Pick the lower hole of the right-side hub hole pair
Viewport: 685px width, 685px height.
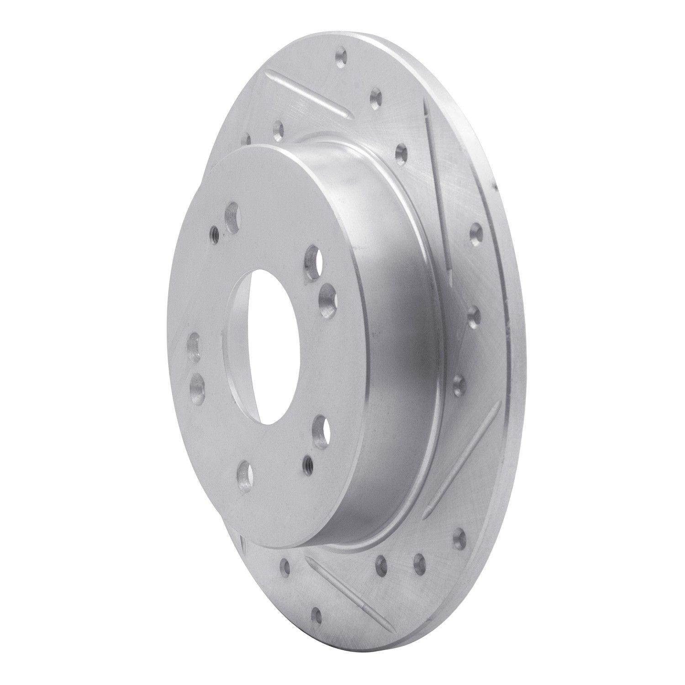(327, 299)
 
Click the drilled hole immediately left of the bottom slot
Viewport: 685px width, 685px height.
(286, 566)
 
